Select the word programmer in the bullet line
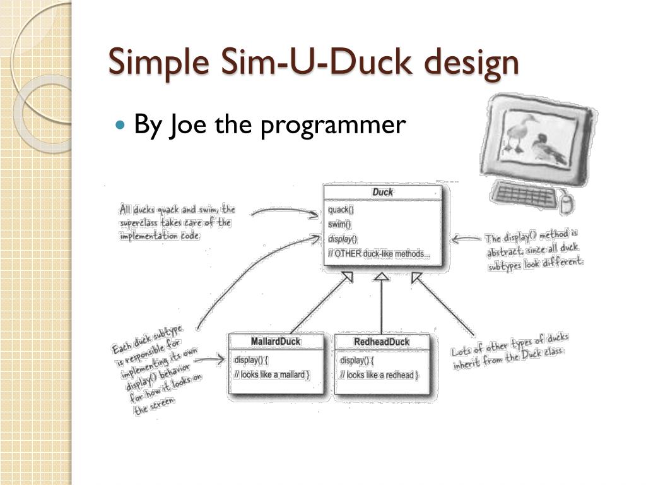pos(332,126)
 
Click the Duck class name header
pos(382,192)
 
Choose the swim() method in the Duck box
pos(340,224)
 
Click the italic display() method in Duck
pos(343,239)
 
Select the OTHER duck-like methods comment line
pos(379,254)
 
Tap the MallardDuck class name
pos(276,342)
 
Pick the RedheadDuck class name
pos(382,342)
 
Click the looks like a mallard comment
pos(272,374)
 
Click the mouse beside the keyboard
pos(567,201)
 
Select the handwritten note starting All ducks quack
pos(177,222)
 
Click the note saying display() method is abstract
pos(534,251)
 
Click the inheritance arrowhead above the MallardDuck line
pos(346,277)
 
